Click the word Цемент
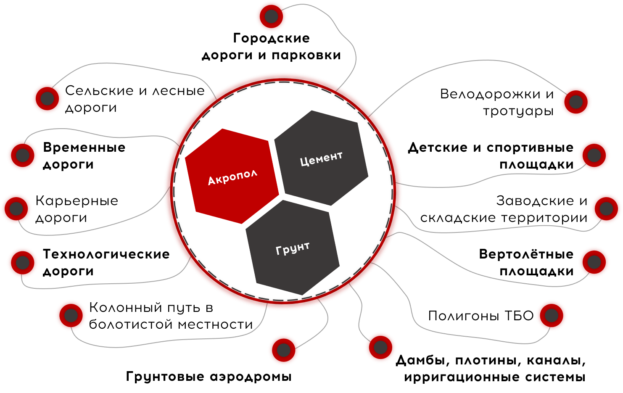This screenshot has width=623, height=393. (322, 158)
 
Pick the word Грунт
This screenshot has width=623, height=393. (293, 248)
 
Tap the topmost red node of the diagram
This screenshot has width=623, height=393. (271, 16)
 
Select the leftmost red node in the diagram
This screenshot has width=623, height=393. (16, 208)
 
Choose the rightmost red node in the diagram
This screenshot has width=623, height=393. (606, 208)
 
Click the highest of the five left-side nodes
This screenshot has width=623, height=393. (47, 98)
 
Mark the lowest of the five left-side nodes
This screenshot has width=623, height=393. (71, 315)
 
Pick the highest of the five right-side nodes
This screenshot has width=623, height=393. (575, 102)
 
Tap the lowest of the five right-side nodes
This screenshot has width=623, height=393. (551, 315)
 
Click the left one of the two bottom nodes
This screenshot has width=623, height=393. (283, 350)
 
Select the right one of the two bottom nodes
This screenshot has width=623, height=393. (380, 347)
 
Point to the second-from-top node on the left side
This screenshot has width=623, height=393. (22, 155)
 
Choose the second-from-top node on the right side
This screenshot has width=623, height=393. (594, 155)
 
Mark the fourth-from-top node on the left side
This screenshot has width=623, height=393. (22, 263)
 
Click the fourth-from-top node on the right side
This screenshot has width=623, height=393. (594, 262)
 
